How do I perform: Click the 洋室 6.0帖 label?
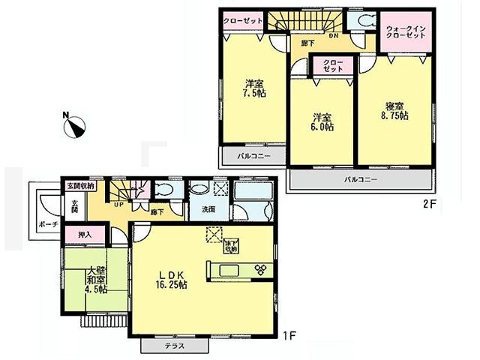(x=322, y=121)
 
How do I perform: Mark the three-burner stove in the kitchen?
(x=260, y=270)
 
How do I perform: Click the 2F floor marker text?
(x=428, y=203)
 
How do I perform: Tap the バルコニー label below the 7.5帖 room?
(x=250, y=156)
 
